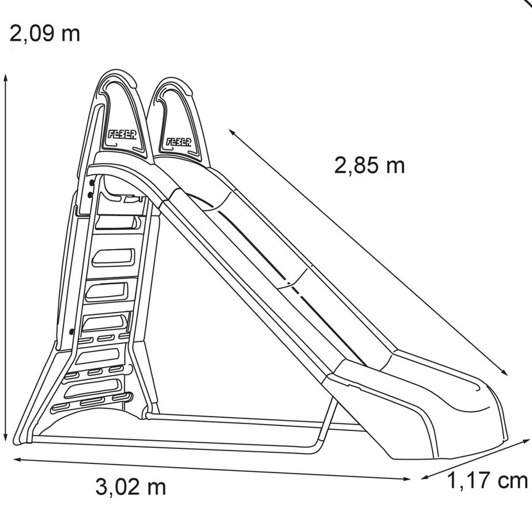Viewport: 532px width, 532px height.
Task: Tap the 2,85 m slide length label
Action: pyautogui.click(x=369, y=166)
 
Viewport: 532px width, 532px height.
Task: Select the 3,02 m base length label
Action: pyautogui.click(x=131, y=487)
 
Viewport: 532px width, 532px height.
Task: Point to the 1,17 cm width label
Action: pyautogui.click(x=487, y=481)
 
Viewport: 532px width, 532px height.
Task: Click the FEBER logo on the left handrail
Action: pyautogui.click(x=122, y=134)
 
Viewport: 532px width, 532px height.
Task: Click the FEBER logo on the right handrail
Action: pyautogui.click(x=179, y=142)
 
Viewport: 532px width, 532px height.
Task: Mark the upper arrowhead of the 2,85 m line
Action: pyautogui.click(x=232, y=133)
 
